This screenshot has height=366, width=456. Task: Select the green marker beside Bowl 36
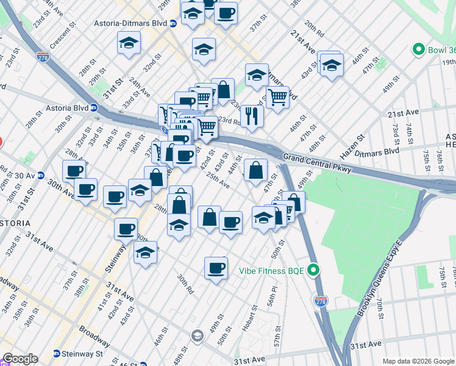click(x=419, y=49)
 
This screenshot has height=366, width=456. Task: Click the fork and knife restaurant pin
click(x=251, y=115)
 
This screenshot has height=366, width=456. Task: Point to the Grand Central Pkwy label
click(x=317, y=162)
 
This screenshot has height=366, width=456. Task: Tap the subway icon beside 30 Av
click(x=41, y=175)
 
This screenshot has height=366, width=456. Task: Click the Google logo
click(x=20, y=359)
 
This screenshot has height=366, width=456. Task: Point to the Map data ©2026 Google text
click(x=418, y=361)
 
